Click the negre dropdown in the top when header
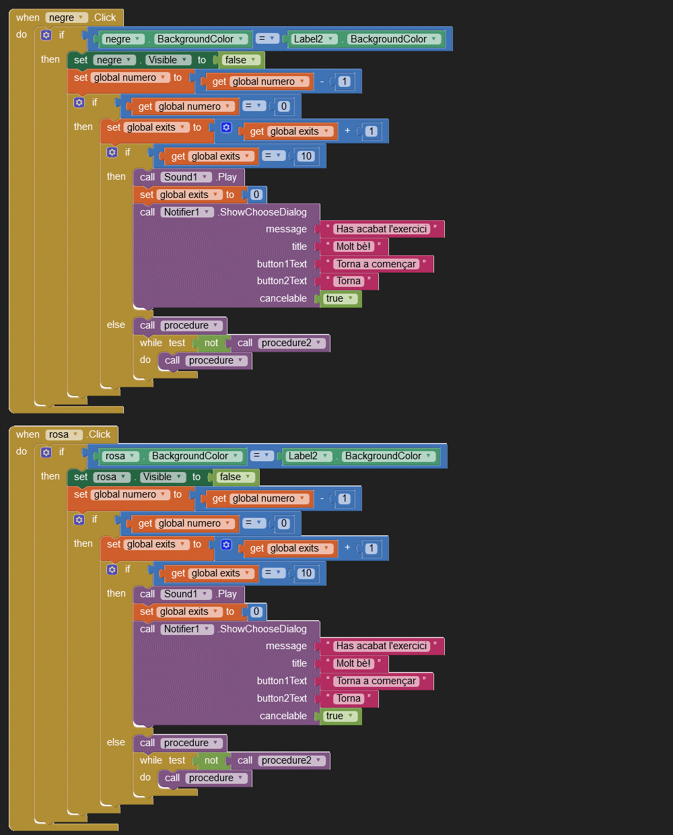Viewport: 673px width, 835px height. pos(67,18)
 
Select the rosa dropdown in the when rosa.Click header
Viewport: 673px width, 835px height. pos(64,434)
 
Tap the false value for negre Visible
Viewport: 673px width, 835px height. pos(240,60)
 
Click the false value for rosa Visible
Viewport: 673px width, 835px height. pos(235,477)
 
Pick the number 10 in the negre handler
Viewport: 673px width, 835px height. pos(306,156)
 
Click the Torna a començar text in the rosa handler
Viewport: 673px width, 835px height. pos(376,681)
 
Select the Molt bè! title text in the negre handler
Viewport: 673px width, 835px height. pos(353,246)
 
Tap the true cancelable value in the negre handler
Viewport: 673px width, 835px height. pos(339,298)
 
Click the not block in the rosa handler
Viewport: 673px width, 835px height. pos(211,760)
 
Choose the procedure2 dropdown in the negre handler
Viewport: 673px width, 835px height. pos(291,343)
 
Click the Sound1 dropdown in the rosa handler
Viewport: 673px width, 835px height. pos(186,594)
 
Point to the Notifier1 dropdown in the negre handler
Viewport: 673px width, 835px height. pos(187,212)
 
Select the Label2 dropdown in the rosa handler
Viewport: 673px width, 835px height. pos(308,456)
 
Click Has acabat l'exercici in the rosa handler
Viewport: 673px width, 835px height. pos(382,646)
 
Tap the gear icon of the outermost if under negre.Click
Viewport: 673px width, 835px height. pos(46,35)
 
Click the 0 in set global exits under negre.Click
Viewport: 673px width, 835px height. pos(256,195)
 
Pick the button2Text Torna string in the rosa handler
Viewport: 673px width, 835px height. pos(349,698)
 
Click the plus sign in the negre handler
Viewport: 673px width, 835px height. pos(347,131)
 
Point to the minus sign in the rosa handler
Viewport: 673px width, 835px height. pos(322,498)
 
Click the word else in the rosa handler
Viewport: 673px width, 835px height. pos(116,742)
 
